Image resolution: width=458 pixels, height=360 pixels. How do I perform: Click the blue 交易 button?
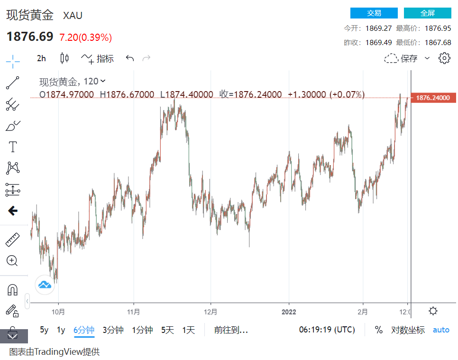374,13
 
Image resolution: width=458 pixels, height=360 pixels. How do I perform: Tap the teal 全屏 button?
427,13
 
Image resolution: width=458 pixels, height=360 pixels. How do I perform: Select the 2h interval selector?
42,58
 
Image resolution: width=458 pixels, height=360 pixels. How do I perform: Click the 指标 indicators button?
98,58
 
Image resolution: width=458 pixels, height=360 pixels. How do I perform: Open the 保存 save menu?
406,58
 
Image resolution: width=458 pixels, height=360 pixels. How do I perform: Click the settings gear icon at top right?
444,58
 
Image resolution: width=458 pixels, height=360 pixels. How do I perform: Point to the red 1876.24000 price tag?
432,98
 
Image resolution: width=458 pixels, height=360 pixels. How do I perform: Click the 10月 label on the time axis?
58,312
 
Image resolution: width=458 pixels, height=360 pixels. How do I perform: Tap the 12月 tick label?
211,312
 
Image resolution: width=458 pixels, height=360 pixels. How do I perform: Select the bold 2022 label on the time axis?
288,312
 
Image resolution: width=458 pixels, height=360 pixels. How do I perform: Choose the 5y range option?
44,330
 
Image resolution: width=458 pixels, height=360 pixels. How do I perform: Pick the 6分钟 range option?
84,330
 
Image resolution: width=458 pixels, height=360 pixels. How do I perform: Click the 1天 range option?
189,330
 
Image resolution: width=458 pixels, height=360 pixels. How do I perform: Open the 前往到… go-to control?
231,330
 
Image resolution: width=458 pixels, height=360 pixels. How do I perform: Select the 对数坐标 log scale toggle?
408,330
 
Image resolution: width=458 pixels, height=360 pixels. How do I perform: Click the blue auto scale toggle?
441,330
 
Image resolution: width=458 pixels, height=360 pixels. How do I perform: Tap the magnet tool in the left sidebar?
12,289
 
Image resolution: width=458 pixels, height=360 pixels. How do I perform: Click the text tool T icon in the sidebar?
13,147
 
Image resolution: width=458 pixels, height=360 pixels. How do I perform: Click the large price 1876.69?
30,37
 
